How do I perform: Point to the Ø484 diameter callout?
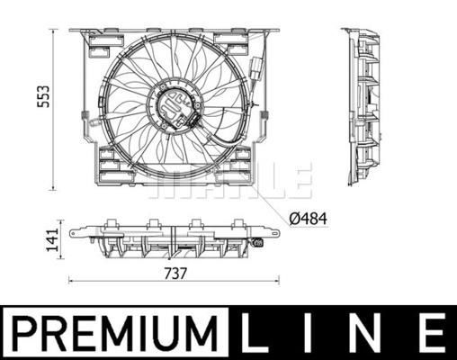click(x=309, y=216)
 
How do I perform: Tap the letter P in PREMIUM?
click(x=23, y=332)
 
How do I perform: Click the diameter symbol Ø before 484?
click(x=293, y=216)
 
